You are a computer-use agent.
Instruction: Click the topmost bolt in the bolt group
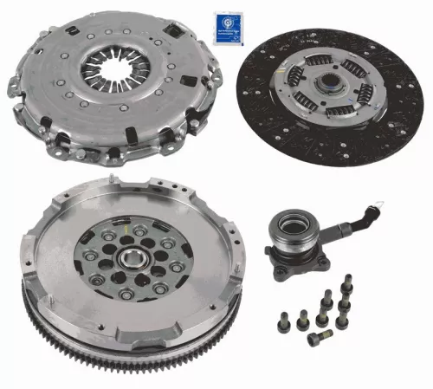(x=348, y=282)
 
